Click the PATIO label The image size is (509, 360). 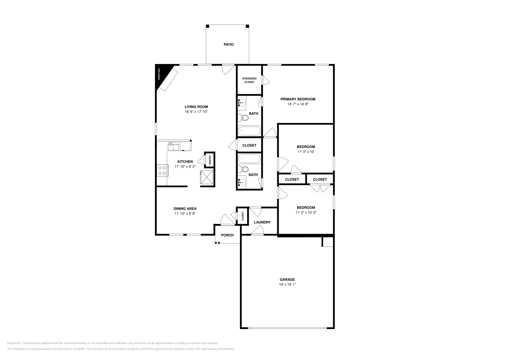click(x=228, y=45)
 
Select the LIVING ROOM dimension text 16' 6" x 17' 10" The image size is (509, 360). click(x=196, y=112)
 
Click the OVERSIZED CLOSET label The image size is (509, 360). click(x=249, y=80)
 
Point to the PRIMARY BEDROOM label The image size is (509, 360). click(x=298, y=99)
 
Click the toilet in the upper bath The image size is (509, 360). click(x=244, y=118)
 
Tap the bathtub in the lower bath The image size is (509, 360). click(x=249, y=158)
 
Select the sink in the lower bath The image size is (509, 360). click(x=242, y=183)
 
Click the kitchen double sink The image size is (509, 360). click(x=174, y=146)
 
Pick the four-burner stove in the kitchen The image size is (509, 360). click(x=162, y=170)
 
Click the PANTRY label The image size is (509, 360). click(x=210, y=159)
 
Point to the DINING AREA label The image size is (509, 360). click(x=185, y=209)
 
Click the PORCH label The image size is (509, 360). click(x=227, y=235)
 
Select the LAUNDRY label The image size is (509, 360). click(x=262, y=222)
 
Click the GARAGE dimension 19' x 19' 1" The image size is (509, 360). click(x=287, y=285)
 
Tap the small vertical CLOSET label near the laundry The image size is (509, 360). click(x=243, y=216)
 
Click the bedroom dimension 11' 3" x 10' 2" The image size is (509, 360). click(x=306, y=212)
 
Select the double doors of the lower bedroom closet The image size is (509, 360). click(x=320, y=189)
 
